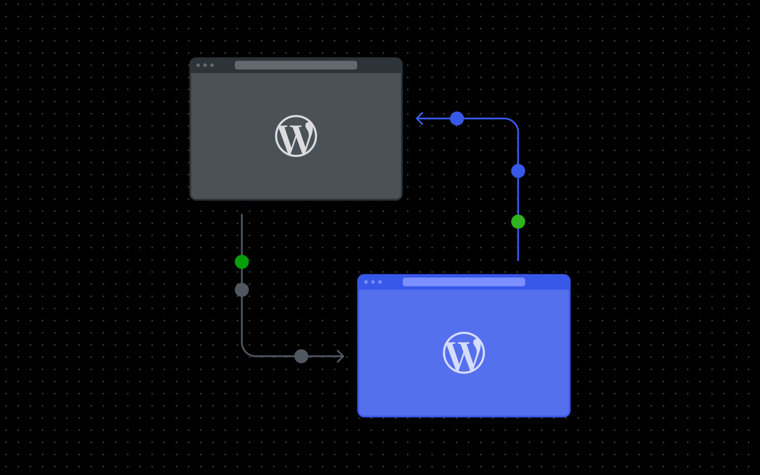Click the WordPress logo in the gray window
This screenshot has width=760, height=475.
296,136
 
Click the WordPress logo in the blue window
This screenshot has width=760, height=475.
464,352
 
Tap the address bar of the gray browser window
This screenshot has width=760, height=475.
296,65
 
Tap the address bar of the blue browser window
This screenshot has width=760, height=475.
464,282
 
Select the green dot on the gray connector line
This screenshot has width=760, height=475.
242,262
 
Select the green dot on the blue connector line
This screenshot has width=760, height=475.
518,221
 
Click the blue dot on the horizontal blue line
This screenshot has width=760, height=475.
456,118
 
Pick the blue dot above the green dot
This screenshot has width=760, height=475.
518,171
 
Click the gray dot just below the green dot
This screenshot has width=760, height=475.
242,290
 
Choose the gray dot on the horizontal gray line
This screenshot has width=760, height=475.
301,356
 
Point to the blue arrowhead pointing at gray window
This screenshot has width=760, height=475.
418,118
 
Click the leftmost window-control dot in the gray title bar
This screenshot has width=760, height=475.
198,65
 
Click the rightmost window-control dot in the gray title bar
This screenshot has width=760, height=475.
212,65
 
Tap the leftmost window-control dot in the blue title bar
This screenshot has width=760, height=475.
366,282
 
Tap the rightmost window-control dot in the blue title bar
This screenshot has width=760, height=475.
380,282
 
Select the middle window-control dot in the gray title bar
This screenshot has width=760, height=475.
205,65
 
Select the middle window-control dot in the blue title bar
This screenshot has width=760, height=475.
373,282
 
